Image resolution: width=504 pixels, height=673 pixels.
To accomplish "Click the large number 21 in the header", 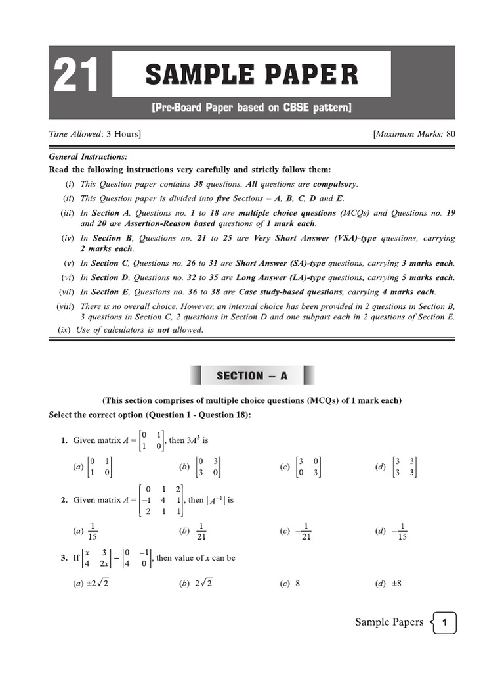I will tap(76, 75).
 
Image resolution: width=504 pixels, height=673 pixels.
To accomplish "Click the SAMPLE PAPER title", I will tap(251, 74).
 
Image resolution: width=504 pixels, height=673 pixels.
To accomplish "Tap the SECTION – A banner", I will tap(252, 376).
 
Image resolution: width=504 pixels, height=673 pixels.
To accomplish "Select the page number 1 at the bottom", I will tap(445, 622).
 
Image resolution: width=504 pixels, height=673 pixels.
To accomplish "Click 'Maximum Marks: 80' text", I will tap(414, 134).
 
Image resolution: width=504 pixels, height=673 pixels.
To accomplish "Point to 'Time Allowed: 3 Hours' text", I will tap(95, 134).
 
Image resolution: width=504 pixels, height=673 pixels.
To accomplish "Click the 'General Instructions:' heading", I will tap(88, 156).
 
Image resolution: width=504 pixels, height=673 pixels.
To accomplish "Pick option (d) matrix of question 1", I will tap(404, 467).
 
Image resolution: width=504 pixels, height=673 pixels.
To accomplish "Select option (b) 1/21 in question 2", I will tap(201, 531).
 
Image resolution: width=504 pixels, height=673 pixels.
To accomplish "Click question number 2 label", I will tap(64, 500).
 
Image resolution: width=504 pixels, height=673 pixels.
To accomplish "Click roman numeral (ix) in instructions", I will tap(64, 330).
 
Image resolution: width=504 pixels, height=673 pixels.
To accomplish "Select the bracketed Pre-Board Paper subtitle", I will tap(252, 107).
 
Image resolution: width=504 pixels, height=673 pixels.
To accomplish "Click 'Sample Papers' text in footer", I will tap(389, 622).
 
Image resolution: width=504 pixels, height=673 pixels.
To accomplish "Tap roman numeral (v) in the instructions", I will tap(69, 263).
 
